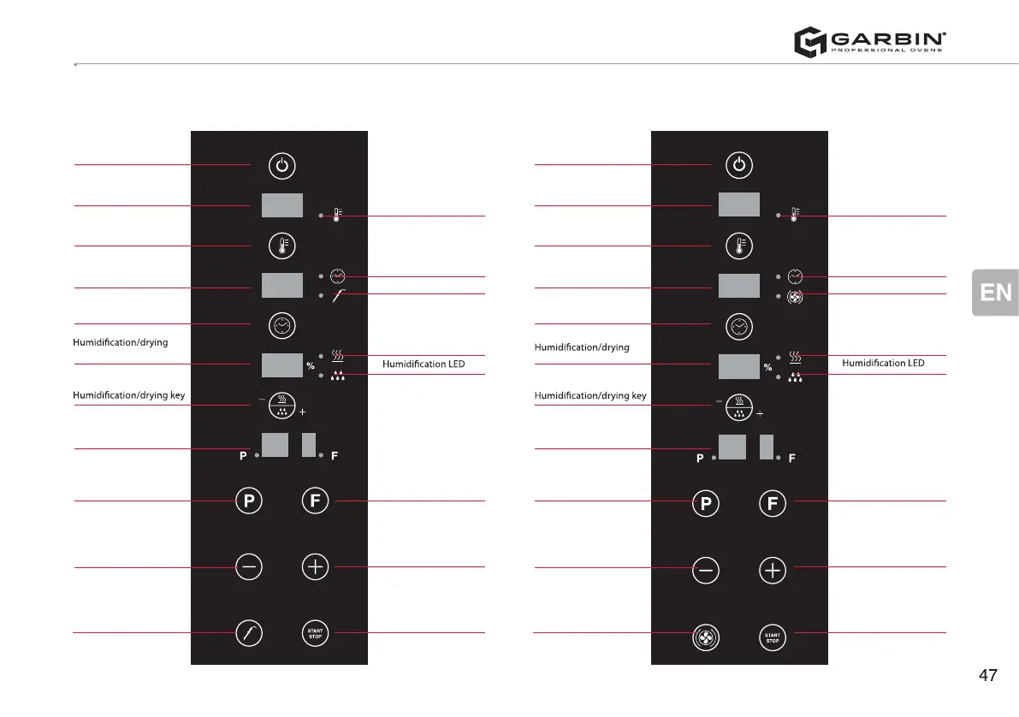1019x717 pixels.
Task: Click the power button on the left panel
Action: coord(282,164)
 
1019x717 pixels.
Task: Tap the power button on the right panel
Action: coord(739,164)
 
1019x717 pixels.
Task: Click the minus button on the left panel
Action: coord(248,566)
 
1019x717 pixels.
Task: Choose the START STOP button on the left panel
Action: coord(315,634)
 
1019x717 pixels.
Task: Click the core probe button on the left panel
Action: coord(248,634)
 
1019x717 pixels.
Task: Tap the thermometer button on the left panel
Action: coord(282,246)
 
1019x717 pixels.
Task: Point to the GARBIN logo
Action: coord(869,42)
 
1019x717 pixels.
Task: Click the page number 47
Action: coord(987,676)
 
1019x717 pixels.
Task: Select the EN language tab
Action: coord(995,293)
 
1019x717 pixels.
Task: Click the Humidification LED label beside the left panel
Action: coord(423,364)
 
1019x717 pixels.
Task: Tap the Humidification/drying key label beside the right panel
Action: coord(590,396)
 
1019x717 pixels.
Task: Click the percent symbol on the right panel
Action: coord(767,368)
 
